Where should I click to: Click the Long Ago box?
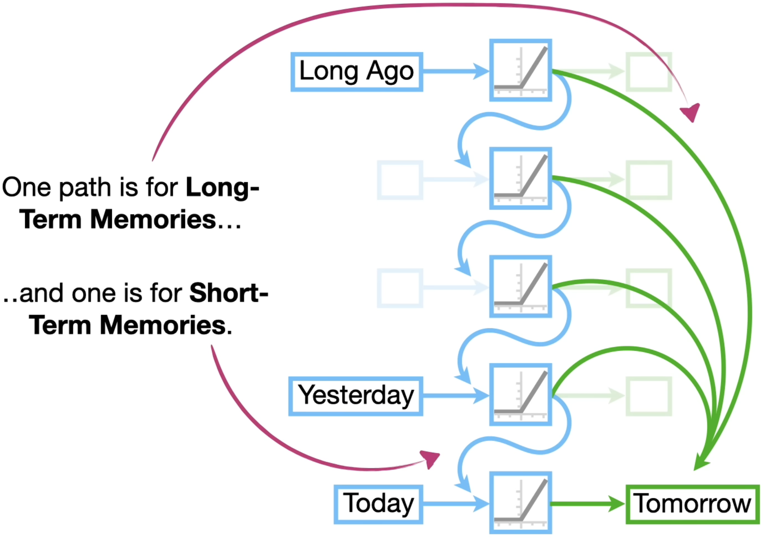tap(357, 72)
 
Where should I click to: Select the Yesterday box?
tap(356, 396)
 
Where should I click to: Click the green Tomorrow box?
tap(693, 504)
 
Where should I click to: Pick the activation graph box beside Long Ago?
tap(520, 70)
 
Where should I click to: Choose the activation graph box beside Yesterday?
tap(520, 395)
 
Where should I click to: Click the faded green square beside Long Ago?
tap(649, 72)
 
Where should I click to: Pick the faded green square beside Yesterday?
tap(649, 396)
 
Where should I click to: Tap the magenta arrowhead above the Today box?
tap(430, 459)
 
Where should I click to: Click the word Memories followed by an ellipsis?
tap(153, 220)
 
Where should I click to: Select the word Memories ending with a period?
tap(163, 325)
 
